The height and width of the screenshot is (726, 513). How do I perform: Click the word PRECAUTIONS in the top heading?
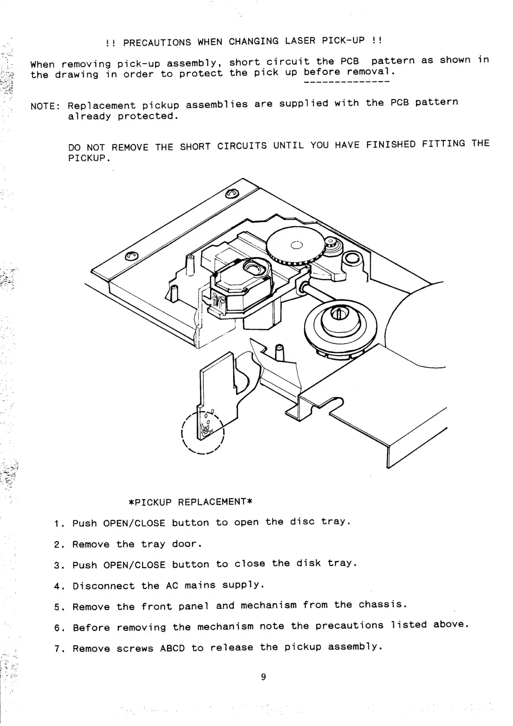click(x=157, y=42)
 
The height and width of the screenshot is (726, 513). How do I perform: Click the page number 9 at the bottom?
click(x=263, y=677)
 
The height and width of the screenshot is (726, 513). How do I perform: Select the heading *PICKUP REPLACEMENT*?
click(x=191, y=502)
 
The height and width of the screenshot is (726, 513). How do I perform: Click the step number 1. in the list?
click(x=59, y=524)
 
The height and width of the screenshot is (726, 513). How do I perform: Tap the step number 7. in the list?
click(x=59, y=649)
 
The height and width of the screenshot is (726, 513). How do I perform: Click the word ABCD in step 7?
click(x=172, y=648)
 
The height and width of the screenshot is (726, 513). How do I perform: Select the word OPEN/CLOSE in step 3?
click(x=134, y=565)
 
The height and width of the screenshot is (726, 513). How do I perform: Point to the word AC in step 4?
click(x=172, y=586)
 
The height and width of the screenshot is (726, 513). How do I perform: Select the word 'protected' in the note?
click(x=148, y=116)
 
